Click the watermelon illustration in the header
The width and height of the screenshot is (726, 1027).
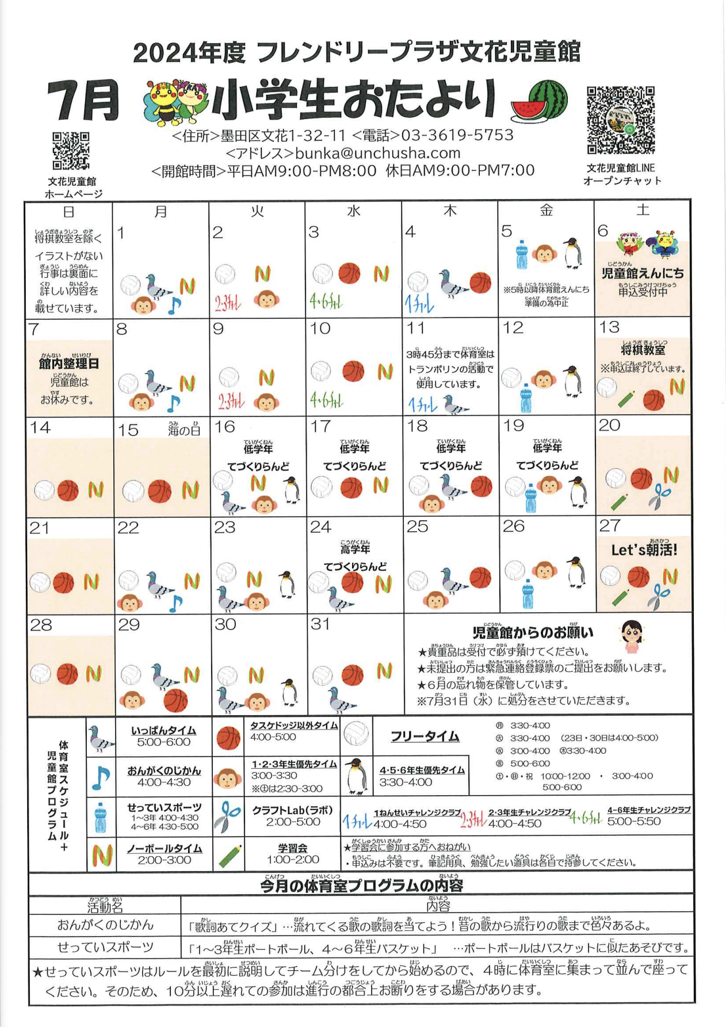539,101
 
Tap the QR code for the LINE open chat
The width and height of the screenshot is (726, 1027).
621,120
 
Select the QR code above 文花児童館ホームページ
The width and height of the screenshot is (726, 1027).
71,151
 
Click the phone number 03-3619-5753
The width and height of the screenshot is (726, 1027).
457,135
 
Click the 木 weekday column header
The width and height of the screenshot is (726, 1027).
450,211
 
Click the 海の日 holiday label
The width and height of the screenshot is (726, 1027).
184,429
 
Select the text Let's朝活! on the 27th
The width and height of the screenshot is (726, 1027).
644,550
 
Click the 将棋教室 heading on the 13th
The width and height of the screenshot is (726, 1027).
643,350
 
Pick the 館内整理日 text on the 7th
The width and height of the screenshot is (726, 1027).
69,364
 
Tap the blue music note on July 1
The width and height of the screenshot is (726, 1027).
174,305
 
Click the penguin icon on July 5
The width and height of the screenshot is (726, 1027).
572,253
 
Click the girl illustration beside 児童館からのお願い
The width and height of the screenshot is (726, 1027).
631,636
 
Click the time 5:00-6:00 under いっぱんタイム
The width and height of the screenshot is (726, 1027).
163,742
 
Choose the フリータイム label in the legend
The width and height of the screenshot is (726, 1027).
425,736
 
